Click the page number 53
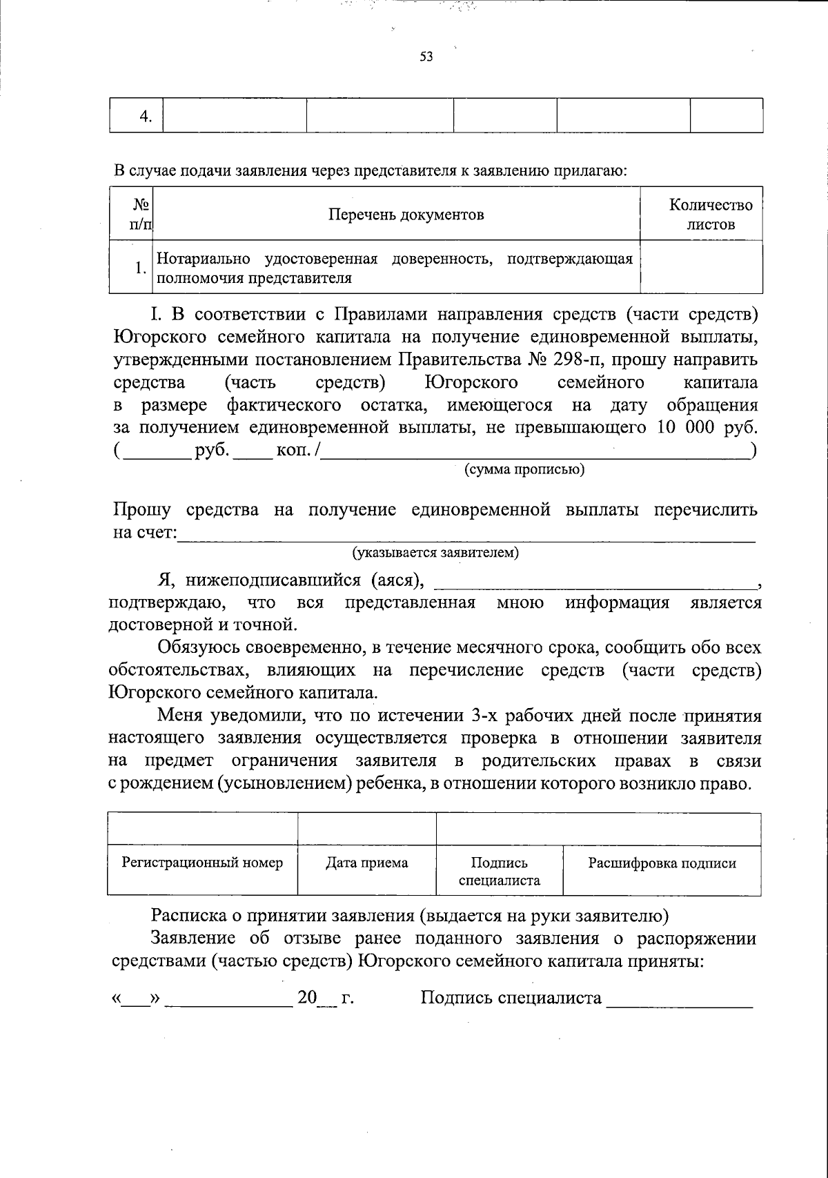click(x=426, y=57)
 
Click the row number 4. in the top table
click(x=145, y=116)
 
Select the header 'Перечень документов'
click(x=406, y=215)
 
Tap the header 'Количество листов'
click(x=711, y=214)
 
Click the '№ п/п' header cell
click(x=141, y=214)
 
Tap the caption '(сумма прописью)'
click(x=524, y=470)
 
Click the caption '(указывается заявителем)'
click(x=435, y=553)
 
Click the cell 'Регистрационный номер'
click(x=202, y=863)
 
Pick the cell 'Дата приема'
click(x=366, y=863)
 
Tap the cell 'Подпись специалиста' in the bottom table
click(x=499, y=871)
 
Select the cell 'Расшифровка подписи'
click(x=661, y=863)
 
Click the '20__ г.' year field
click(x=324, y=999)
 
